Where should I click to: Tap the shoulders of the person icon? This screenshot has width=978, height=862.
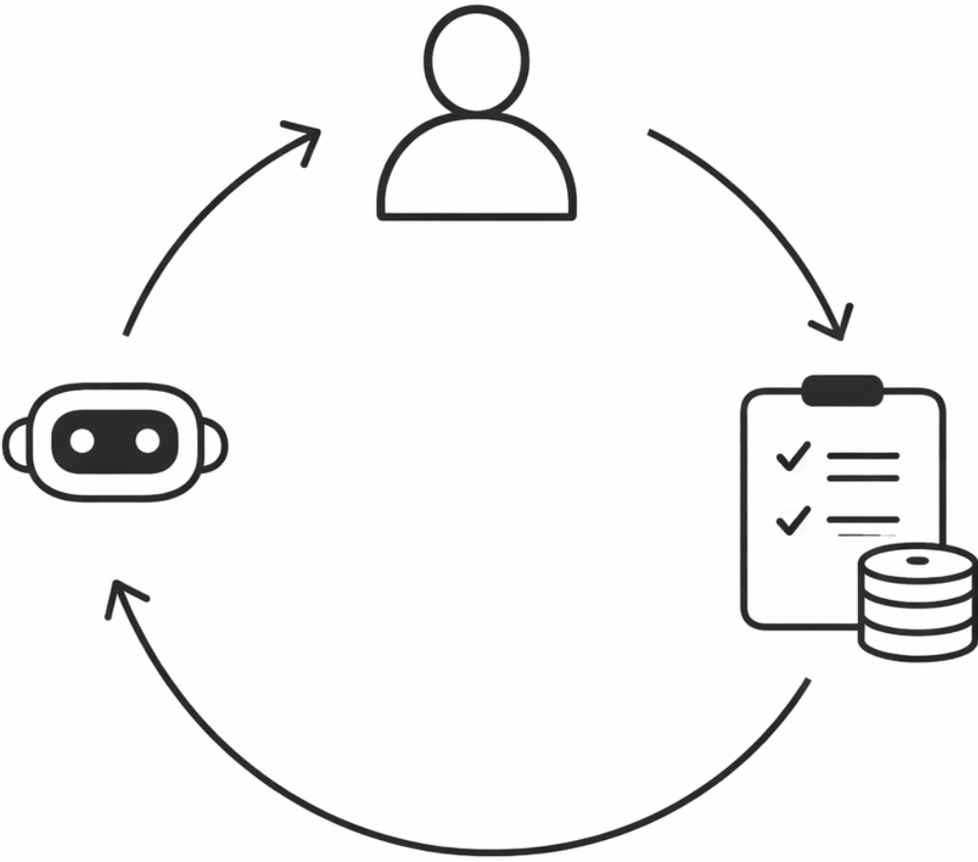pos(477,172)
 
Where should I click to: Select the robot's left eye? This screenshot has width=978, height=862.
pos(83,441)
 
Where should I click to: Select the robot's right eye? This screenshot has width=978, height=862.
pos(147,441)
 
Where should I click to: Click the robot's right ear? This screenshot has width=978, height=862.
pos(216,445)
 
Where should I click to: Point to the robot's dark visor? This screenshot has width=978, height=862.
pos(115,441)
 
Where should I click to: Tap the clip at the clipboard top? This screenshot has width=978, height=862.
pos(843,389)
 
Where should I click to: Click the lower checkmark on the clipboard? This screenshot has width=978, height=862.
pos(792,520)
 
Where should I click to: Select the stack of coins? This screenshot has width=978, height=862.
pos(917,601)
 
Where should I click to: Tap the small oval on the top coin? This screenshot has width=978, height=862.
pos(917,560)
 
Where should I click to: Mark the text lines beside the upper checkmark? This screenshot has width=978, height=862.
pos(863,466)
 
